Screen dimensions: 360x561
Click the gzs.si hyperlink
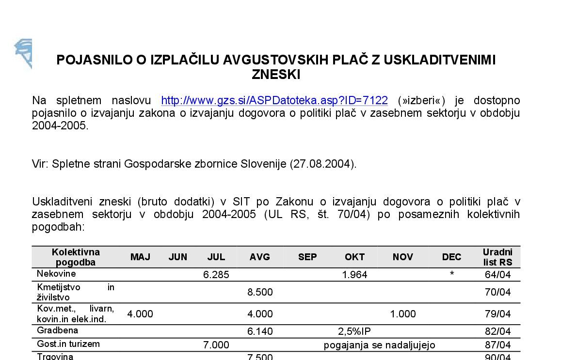[x=274, y=100]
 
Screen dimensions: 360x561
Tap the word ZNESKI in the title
[x=276, y=75]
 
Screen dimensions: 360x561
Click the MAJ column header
[x=140, y=257]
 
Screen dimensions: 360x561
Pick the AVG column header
[x=259, y=257]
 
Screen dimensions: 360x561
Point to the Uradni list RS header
[x=497, y=257]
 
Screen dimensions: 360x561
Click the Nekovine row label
[x=56, y=274]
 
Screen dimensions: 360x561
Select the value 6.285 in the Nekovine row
[x=216, y=275]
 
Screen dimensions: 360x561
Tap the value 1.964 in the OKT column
[x=354, y=275]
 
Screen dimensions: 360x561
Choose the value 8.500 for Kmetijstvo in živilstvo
[x=260, y=292]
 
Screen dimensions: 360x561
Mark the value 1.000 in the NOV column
[x=403, y=314]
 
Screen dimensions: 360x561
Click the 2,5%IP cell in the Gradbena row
[x=354, y=331]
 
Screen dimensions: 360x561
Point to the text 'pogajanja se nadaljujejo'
[x=380, y=345]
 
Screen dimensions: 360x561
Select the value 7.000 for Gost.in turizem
[x=216, y=345]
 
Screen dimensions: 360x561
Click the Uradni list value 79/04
[x=497, y=314]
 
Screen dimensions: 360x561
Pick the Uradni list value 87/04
[x=497, y=345]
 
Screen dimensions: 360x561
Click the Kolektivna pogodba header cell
[x=76, y=257]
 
